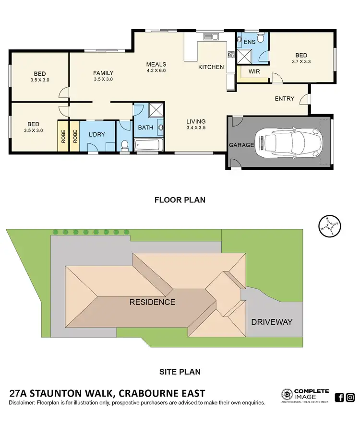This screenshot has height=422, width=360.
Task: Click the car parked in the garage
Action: point(288,142)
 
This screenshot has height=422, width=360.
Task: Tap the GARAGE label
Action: point(240,145)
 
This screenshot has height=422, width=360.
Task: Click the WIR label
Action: point(254,71)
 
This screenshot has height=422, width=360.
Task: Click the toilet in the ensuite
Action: point(261,37)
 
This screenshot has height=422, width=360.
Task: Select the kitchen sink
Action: point(211,36)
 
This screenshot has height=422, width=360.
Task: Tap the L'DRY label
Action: point(97,135)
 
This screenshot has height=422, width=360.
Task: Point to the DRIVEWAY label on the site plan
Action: point(272,322)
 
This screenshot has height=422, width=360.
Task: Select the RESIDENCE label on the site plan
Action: point(152,302)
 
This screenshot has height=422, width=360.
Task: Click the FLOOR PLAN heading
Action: point(180,200)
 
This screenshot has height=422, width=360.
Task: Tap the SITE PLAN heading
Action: point(180,371)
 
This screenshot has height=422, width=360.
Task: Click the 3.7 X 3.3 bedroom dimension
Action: point(301,62)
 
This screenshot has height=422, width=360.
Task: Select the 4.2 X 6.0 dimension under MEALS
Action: point(156,71)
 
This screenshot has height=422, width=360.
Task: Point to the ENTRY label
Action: point(284,99)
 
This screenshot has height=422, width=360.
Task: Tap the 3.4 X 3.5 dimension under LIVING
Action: point(196,129)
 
